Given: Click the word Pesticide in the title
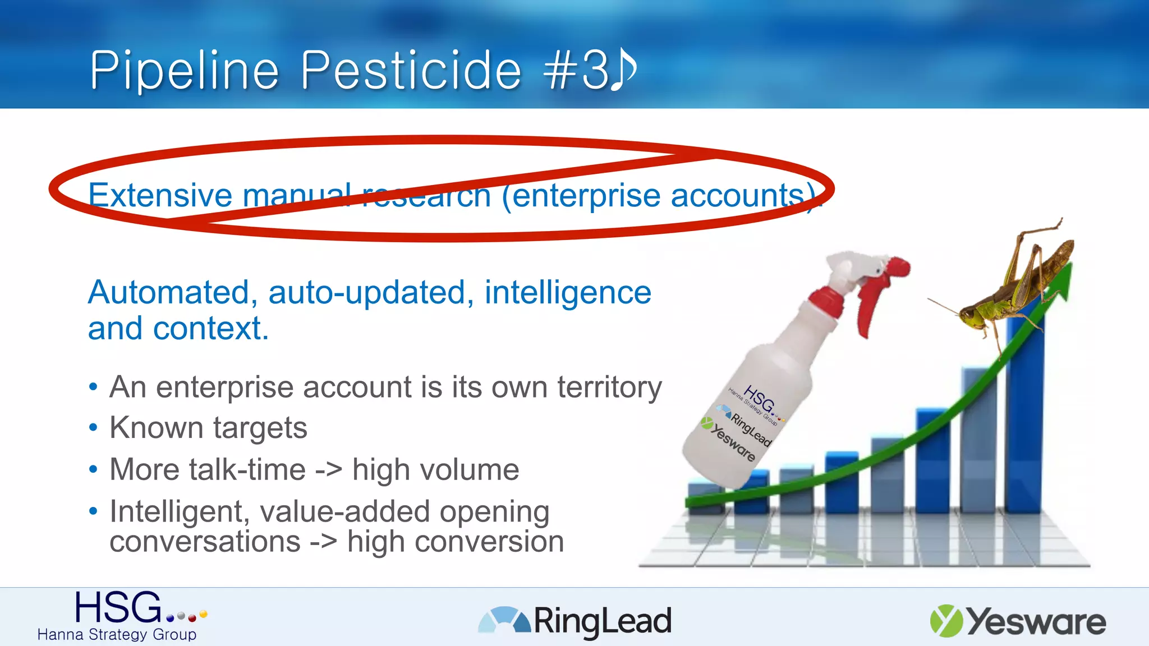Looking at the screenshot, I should pos(411,71).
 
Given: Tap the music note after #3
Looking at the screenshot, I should pos(623,69).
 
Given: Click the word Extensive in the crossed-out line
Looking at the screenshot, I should pos(160,195).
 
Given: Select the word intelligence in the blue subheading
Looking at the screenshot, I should pos(567,292).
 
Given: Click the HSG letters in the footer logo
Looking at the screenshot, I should pos(118,607).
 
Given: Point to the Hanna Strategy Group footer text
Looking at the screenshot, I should pos(117,634).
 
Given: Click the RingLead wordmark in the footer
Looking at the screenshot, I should pos(602,621).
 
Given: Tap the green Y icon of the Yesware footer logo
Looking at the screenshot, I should pos(946,621).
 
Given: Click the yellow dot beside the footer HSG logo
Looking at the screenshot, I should pos(203,614).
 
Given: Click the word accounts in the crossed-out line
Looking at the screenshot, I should pos(737,195).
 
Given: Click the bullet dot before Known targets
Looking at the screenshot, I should pos(93,428).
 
